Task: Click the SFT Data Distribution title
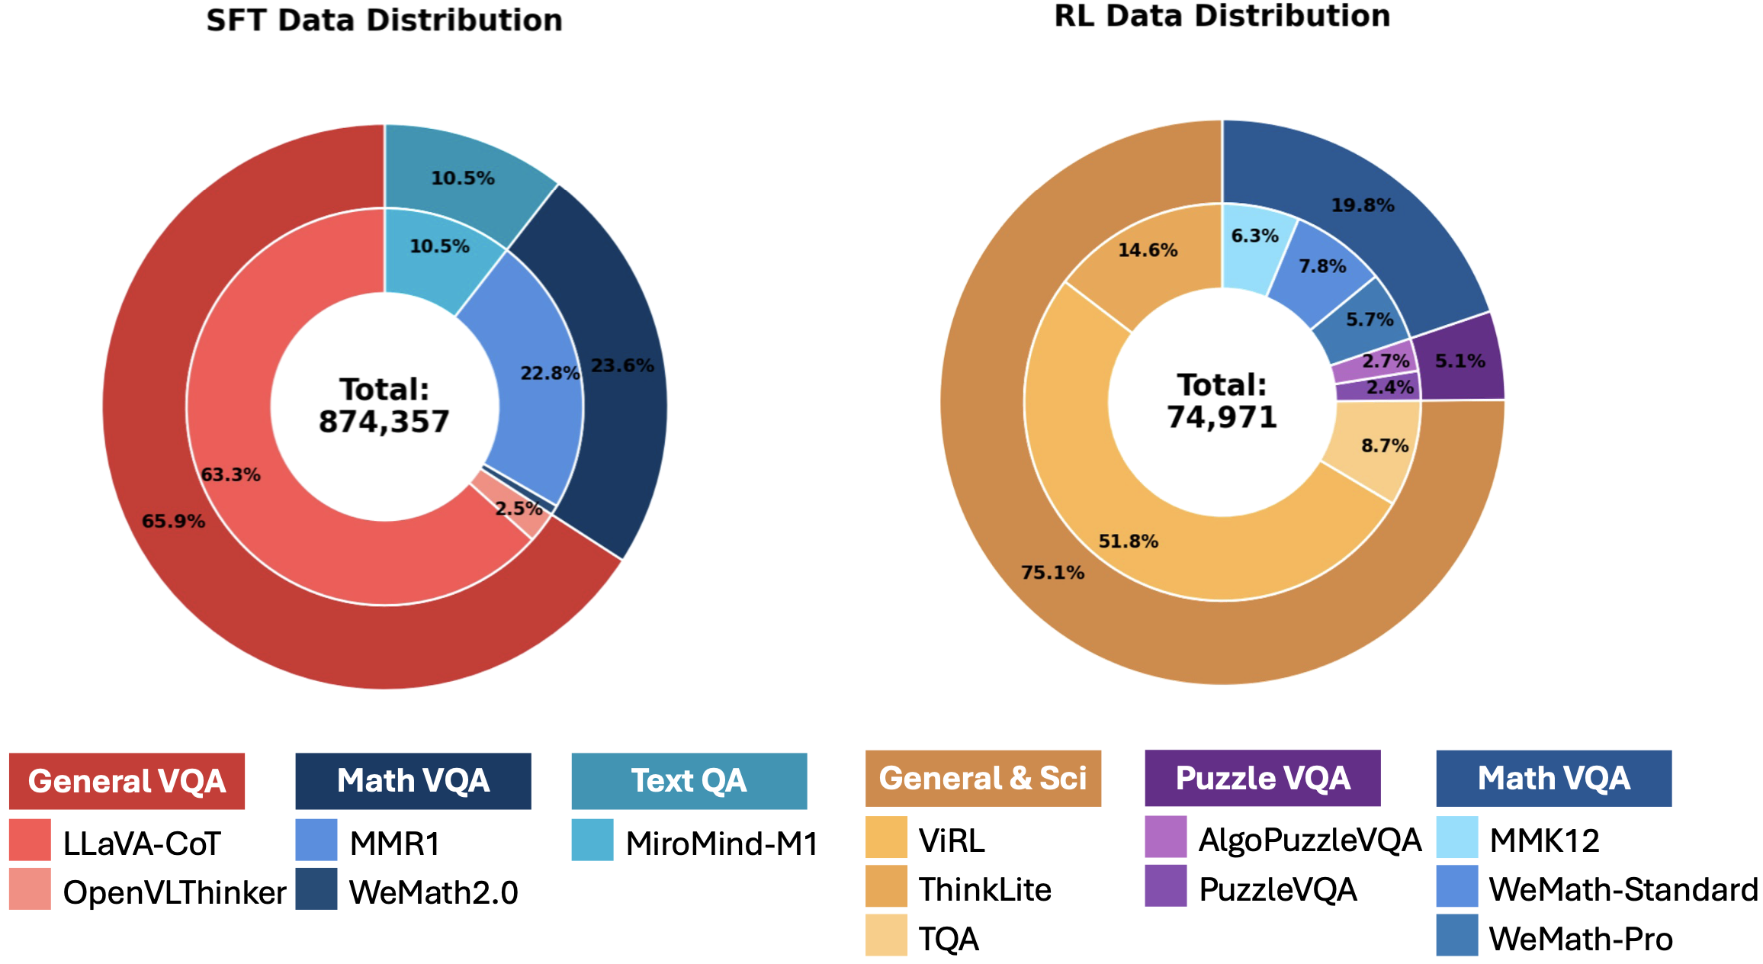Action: click(x=384, y=21)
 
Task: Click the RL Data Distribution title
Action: click(x=1222, y=16)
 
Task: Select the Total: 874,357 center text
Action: click(x=384, y=405)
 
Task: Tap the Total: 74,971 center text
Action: click(x=1222, y=401)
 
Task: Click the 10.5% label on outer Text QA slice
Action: click(x=463, y=178)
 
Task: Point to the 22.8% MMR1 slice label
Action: click(x=550, y=374)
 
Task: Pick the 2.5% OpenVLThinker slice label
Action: click(x=519, y=509)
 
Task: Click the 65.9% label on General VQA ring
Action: click(x=173, y=522)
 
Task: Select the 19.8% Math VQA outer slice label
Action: click(x=1363, y=205)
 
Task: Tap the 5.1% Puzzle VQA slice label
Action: click(x=1460, y=361)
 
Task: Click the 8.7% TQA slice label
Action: click(x=1385, y=445)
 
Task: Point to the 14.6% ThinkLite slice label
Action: click(x=1148, y=250)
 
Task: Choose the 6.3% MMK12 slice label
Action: click(x=1254, y=236)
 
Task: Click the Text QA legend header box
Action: click(x=689, y=781)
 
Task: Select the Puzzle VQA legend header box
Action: click(x=1262, y=778)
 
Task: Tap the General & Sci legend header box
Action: click(x=982, y=778)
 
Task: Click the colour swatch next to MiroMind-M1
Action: click(x=592, y=840)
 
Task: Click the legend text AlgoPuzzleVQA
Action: click(x=1309, y=840)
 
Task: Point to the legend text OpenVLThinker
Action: click(x=175, y=892)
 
